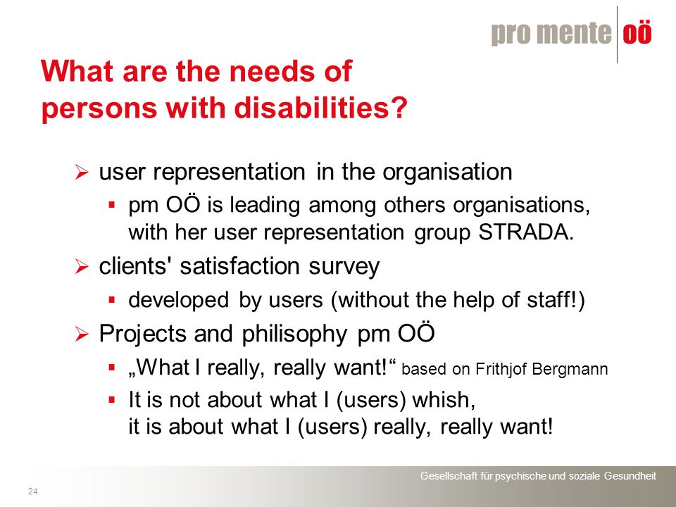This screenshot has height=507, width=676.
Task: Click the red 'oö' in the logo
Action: point(637,33)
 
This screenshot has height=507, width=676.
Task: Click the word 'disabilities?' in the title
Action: point(321,107)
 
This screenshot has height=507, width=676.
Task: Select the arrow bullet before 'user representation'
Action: point(81,173)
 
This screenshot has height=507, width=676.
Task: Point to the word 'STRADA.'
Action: point(527,232)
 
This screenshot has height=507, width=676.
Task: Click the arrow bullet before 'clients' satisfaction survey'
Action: point(81,266)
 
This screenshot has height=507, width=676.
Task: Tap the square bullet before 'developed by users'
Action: point(112,299)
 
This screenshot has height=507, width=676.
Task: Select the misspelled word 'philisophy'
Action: point(294,334)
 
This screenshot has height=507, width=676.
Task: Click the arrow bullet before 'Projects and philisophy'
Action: point(81,334)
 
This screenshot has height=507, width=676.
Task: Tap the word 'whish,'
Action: point(444,400)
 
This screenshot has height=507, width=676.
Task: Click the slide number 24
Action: point(33,491)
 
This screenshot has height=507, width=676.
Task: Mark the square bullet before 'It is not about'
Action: point(112,399)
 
